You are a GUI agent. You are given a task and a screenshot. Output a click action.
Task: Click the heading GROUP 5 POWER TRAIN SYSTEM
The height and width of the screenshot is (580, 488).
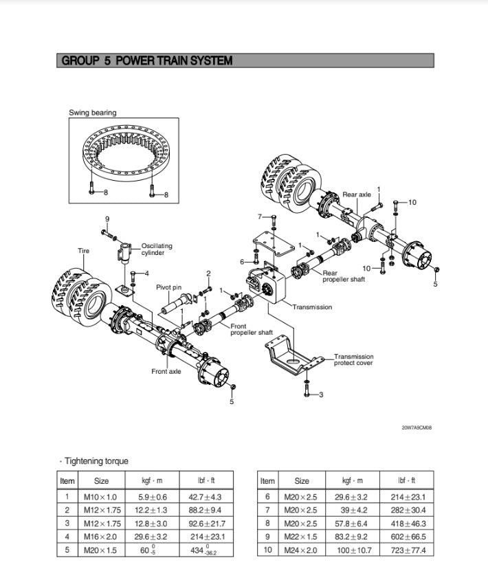[x=147, y=60]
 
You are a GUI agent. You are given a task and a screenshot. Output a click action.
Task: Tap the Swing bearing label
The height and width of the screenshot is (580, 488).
[x=93, y=113]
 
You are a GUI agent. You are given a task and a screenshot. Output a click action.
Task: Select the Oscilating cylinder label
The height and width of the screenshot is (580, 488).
[x=157, y=249]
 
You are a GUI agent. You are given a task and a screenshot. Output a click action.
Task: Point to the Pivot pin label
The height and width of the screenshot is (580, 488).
[x=168, y=287]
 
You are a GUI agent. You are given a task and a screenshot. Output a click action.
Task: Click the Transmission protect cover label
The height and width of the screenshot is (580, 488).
[x=354, y=359]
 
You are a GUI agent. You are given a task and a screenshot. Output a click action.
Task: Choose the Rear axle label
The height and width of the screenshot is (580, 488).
[x=357, y=194]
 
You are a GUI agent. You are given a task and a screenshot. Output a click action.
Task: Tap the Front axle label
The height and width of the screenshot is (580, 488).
[x=166, y=372]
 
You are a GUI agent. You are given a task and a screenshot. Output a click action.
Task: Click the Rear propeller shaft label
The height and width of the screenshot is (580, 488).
[x=344, y=276]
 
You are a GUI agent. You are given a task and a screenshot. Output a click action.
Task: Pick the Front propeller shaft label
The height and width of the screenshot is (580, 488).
[x=252, y=329]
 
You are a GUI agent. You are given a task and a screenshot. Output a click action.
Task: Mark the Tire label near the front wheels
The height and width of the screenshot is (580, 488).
[x=83, y=252]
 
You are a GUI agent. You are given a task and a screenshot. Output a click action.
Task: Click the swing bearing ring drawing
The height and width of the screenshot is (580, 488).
[x=124, y=154]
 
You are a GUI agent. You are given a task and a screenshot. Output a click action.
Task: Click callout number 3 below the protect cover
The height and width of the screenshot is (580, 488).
[x=321, y=394]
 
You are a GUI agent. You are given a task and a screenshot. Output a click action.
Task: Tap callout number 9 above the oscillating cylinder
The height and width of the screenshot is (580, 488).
[x=107, y=219]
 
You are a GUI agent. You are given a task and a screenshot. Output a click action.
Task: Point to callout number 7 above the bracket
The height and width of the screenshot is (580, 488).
[x=260, y=216]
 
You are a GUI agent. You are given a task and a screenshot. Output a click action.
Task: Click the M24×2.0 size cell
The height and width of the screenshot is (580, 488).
[x=301, y=550]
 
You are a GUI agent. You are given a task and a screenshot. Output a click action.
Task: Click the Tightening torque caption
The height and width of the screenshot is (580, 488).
[x=96, y=461]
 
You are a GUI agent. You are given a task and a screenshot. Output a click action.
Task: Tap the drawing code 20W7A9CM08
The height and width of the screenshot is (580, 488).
[x=417, y=427]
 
